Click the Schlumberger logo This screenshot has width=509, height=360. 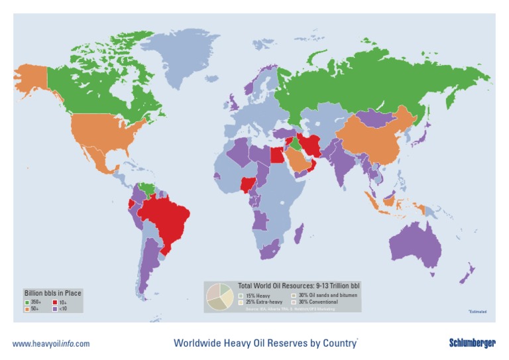click(x=472, y=343)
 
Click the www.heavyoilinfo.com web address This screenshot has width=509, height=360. click(x=51, y=343)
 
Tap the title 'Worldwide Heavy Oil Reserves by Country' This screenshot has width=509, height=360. click(x=265, y=343)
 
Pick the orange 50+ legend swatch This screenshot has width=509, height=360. click(x=27, y=309)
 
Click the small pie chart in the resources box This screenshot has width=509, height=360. click(x=219, y=297)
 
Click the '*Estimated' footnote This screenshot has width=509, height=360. click(x=477, y=312)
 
